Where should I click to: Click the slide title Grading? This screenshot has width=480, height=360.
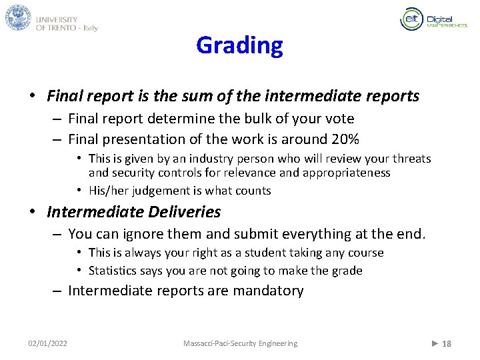[239, 46]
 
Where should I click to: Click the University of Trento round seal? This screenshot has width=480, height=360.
[18, 18]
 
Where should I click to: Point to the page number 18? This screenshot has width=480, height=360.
[447, 344]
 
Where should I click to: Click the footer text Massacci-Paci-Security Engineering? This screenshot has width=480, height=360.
[240, 343]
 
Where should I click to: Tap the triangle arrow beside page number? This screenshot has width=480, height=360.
[435, 343]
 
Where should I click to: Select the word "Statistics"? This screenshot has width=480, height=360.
[111, 271]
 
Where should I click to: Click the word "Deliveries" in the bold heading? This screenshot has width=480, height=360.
[189, 213]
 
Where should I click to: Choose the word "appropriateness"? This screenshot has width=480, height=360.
[347, 173]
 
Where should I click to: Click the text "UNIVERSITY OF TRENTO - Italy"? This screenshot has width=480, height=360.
[67, 24]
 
